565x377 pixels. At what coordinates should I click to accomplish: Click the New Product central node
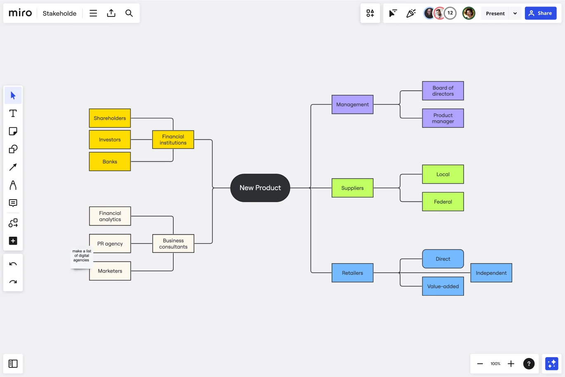click(260, 188)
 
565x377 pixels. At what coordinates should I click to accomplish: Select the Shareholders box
click(110, 118)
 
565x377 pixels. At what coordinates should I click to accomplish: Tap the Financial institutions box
click(173, 139)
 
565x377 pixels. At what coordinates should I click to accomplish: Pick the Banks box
click(110, 162)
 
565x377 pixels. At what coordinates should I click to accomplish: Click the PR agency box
click(110, 243)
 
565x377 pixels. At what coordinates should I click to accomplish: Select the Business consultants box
click(173, 243)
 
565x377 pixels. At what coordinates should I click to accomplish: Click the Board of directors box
click(443, 91)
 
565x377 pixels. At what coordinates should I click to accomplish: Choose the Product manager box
click(443, 118)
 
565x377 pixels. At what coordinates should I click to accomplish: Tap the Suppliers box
click(352, 188)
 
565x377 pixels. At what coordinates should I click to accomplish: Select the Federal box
click(443, 202)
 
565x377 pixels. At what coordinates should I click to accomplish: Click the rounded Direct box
click(443, 259)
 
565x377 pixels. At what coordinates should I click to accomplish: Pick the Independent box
click(491, 273)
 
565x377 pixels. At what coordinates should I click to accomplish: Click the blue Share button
click(541, 13)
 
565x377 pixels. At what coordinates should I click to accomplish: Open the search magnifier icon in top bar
click(129, 13)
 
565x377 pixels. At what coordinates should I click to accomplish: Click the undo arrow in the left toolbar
click(13, 264)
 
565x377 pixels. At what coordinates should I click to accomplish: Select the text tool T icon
click(13, 113)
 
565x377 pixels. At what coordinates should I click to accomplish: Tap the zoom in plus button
click(511, 364)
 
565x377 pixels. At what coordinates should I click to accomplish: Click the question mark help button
click(529, 364)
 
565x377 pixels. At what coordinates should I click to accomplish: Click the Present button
click(495, 13)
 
